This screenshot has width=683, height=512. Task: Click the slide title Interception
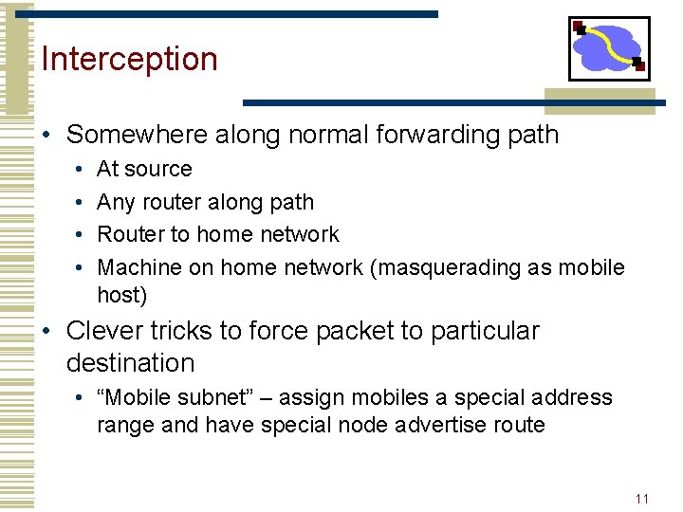[x=130, y=59]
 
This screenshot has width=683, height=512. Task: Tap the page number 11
[x=642, y=499]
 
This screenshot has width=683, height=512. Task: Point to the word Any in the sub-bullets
[x=116, y=202]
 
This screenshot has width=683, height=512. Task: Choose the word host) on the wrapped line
[x=121, y=295]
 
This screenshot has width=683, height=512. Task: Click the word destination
[x=130, y=362]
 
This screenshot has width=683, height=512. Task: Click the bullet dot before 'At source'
[x=78, y=170]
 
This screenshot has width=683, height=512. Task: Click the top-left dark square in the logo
[x=579, y=27]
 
